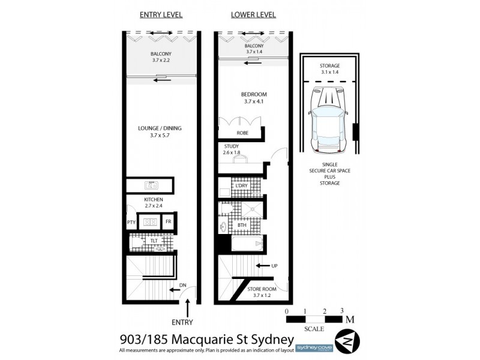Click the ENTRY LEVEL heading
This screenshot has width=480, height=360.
(161, 14)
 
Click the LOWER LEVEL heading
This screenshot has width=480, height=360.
(253, 14)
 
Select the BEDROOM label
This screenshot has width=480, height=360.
(254, 94)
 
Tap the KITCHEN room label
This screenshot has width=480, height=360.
(154, 200)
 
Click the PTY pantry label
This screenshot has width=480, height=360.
(131, 223)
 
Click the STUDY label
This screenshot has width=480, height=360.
(232, 146)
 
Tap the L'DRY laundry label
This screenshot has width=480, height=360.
(241, 186)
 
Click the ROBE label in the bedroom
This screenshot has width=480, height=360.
(242, 133)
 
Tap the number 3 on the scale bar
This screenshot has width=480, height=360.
(341, 311)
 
